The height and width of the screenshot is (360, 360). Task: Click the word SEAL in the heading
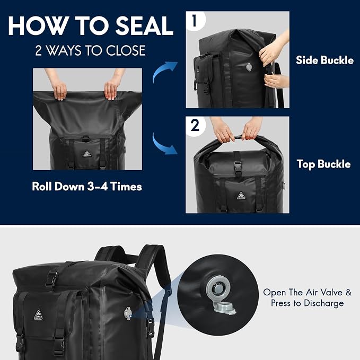click(144, 25)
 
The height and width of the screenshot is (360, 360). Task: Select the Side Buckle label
click(324, 60)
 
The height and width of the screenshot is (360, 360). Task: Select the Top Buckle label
click(324, 164)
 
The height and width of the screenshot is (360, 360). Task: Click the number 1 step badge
click(195, 21)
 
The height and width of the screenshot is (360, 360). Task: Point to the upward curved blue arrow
click(164, 71)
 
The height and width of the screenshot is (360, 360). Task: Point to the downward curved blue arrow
click(164, 144)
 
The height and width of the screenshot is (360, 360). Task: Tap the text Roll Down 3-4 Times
click(87, 187)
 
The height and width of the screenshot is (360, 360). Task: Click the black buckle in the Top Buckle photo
click(238, 165)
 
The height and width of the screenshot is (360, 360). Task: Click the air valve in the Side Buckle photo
click(249, 67)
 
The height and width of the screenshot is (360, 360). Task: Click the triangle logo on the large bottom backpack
click(39, 314)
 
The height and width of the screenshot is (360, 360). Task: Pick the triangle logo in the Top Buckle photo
click(241, 196)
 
